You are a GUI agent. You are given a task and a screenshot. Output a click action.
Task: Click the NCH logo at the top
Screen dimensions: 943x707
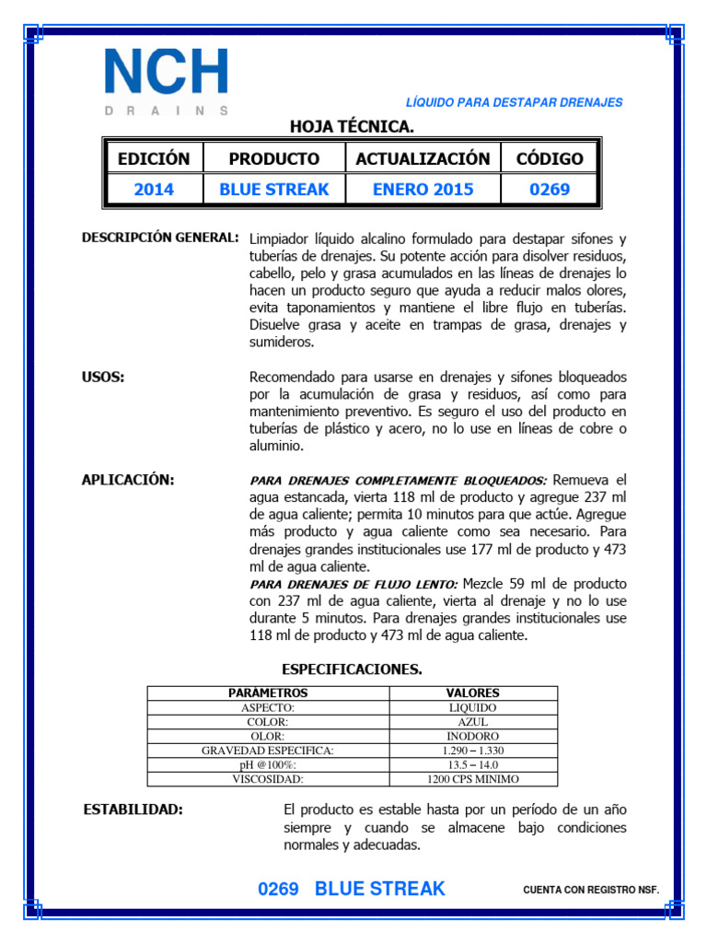pos(166,81)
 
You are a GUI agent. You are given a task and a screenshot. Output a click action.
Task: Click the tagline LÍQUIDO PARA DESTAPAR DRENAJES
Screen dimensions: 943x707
pos(514,102)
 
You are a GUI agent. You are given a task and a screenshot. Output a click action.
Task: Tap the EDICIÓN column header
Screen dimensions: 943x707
pos(154,158)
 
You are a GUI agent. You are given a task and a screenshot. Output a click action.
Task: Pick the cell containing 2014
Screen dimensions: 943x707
pos(154,190)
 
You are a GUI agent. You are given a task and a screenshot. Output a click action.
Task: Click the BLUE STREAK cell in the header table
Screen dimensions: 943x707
pos(273,190)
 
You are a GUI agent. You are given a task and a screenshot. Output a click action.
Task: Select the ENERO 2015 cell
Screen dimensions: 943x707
pos(423,190)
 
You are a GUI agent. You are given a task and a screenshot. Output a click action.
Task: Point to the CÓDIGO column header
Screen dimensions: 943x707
pos(550,158)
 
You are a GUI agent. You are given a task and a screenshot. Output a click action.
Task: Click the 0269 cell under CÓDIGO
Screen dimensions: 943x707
pos(550,190)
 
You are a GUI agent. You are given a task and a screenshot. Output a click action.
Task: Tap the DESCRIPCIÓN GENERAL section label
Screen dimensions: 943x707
pos(161,238)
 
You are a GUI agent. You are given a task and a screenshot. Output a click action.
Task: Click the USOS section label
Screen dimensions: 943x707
pos(103,378)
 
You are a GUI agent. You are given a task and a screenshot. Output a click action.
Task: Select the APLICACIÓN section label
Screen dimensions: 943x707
pos(128,480)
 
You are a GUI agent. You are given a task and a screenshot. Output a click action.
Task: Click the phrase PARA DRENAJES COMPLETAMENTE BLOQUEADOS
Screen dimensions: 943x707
pos(399,481)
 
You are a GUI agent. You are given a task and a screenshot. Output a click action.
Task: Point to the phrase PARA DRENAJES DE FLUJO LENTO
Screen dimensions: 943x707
pos(353,585)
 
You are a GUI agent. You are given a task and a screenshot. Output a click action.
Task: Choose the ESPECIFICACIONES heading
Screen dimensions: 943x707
pos(352,669)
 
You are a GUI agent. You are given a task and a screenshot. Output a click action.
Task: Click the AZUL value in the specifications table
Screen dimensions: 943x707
pos(473,722)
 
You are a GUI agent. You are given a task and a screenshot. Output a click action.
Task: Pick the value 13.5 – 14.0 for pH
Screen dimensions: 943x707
pos(473,764)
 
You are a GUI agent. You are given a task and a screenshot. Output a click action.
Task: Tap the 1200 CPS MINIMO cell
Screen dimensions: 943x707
pos(473,779)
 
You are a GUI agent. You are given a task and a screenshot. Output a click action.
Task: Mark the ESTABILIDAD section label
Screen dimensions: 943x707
pos(133,809)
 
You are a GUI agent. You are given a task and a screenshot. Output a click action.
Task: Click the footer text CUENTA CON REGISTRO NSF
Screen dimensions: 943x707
pos(591,891)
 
